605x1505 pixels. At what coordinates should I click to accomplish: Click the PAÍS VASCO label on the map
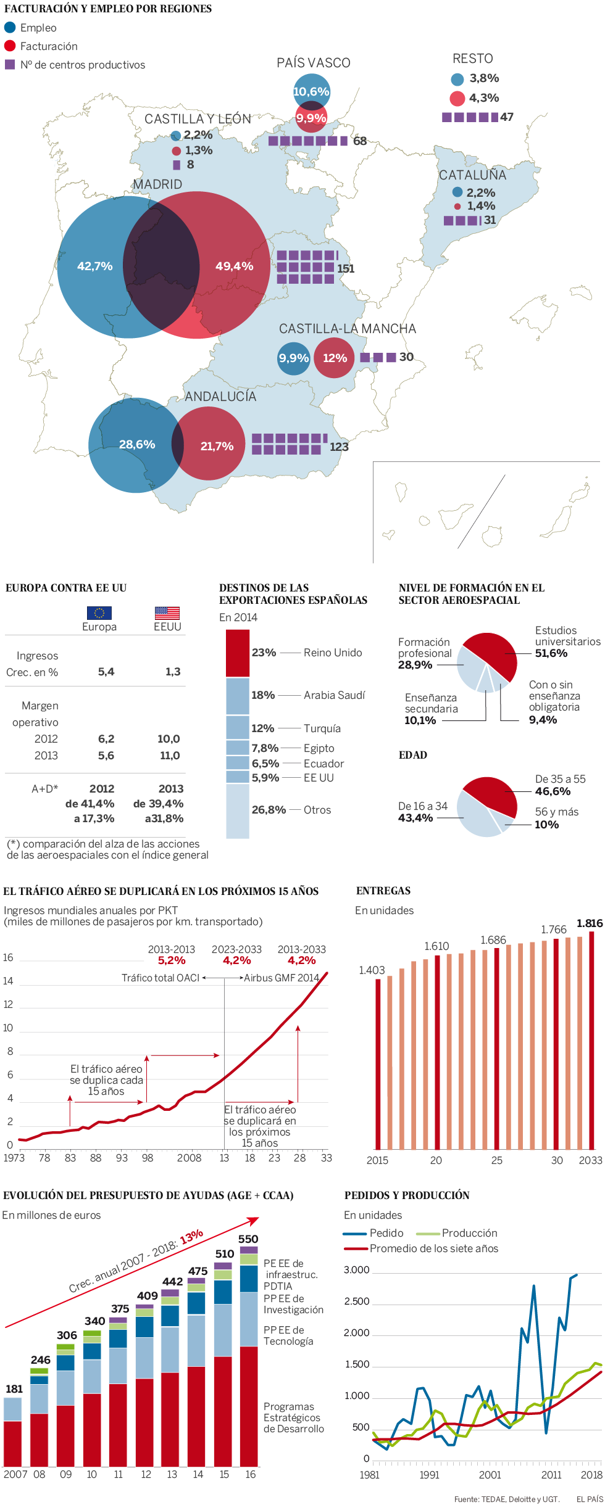click(x=313, y=63)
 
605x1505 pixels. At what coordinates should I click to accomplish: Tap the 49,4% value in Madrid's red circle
click(x=234, y=266)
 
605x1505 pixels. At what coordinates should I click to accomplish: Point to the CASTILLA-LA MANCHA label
click(x=347, y=329)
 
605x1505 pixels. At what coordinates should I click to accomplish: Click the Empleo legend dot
click(x=10, y=28)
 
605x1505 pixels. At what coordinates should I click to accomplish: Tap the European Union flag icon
click(x=99, y=612)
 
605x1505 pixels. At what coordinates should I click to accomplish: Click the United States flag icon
click(x=167, y=612)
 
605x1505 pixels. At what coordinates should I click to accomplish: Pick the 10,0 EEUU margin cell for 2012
click(x=169, y=738)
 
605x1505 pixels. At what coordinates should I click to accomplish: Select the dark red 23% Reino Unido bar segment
click(x=238, y=653)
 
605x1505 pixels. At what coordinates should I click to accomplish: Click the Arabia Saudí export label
click(x=334, y=695)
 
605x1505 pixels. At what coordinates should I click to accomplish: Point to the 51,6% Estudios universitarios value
click(x=551, y=653)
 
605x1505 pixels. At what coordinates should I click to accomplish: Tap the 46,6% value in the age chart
click(x=553, y=791)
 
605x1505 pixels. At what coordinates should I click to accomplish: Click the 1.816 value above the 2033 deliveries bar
click(x=590, y=923)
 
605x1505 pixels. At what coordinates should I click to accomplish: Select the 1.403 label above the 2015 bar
click(x=372, y=970)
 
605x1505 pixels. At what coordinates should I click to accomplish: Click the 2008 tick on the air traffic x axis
click(x=189, y=1158)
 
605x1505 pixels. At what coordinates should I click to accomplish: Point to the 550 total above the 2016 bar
click(x=248, y=1239)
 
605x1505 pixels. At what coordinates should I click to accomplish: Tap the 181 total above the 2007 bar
click(x=14, y=1388)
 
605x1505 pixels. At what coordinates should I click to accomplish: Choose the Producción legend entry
click(x=469, y=1233)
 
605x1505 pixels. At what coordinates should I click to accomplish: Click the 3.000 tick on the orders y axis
click(x=356, y=1270)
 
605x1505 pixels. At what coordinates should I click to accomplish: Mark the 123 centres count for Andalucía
click(x=339, y=447)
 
